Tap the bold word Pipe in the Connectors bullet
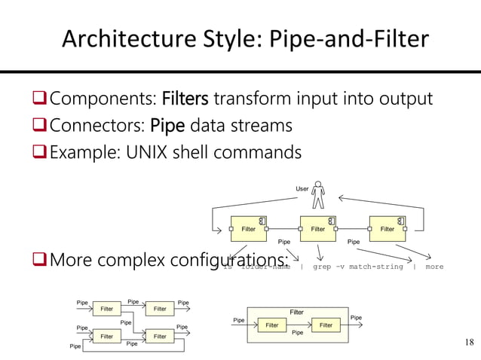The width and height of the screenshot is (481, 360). click(170, 125)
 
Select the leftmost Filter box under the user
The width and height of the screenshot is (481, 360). click(249, 229)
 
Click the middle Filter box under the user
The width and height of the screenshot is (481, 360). click(317, 229)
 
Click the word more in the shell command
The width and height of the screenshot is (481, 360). click(434, 266)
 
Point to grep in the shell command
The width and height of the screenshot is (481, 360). click(322, 266)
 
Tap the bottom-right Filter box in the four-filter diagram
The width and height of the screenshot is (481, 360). click(159, 337)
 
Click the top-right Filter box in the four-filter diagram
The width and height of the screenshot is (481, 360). click(159, 309)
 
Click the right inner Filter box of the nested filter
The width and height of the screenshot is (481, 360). click(326, 325)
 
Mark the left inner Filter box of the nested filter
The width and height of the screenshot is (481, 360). click(272, 325)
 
